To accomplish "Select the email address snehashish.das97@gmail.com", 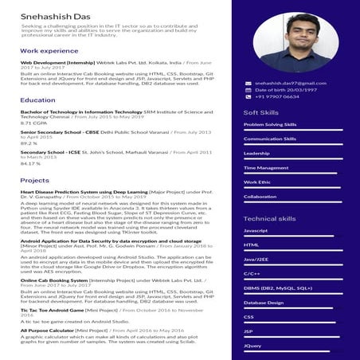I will [x=291, y=83].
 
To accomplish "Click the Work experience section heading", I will [x=49, y=50].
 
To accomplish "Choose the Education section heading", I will [x=38, y=100].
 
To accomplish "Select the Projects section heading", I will [x=35, y=181].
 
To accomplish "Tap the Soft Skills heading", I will [x=260, y=113].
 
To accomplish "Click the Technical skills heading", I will [x=269, y=218].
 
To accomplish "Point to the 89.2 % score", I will [x=29, y=143].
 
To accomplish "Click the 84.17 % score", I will [x=31, y=163].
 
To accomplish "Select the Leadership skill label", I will [x=256, y=153].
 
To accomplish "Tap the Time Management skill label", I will [x=266, y=167].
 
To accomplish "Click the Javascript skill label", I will [x=256, y=230].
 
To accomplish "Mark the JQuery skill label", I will [x=252, y=346].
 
